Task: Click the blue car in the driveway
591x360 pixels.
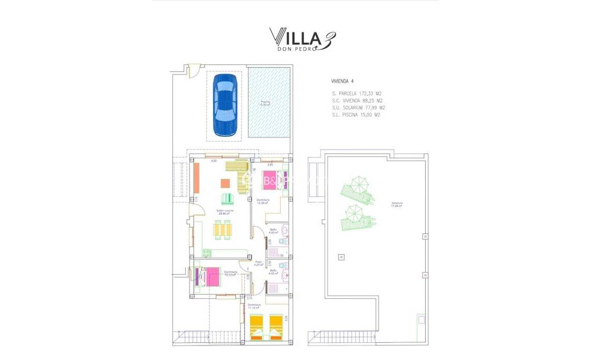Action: [224, 105]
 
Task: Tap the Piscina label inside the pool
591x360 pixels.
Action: [265, 103]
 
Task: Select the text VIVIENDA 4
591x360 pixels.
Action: [342, 81]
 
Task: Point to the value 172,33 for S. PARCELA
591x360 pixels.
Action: [367, 93]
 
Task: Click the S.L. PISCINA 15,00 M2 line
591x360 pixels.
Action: [356, 114]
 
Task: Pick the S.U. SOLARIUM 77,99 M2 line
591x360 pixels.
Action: [358, 107]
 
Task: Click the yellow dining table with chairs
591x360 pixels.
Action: [224, 230]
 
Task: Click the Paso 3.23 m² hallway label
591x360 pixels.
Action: [258, 263]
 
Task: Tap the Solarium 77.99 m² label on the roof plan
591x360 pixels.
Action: [397, 204]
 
